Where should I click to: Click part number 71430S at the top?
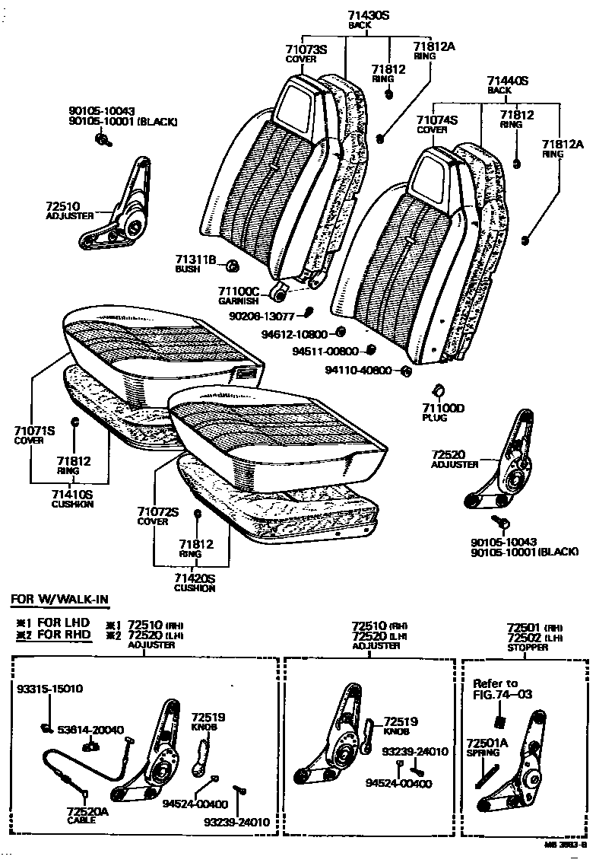pos(369,15)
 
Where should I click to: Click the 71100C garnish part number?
pos(239,291)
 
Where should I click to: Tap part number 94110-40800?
pos(358,371)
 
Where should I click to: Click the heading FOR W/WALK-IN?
pos(60,600)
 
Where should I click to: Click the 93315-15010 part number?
pos(50,689)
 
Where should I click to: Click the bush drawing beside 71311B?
pos(233,265)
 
